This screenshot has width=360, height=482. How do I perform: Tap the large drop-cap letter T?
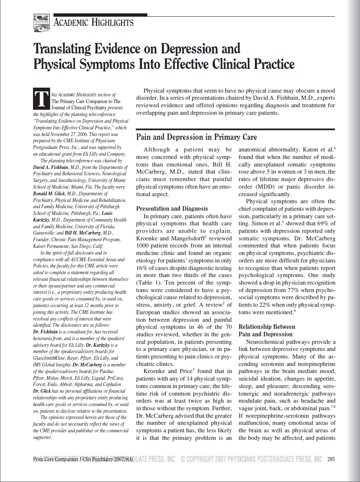(x=40, y=98)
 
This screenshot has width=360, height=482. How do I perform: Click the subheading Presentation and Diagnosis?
(x=172, y=209)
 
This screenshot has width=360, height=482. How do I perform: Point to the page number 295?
(x=331, y=459)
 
